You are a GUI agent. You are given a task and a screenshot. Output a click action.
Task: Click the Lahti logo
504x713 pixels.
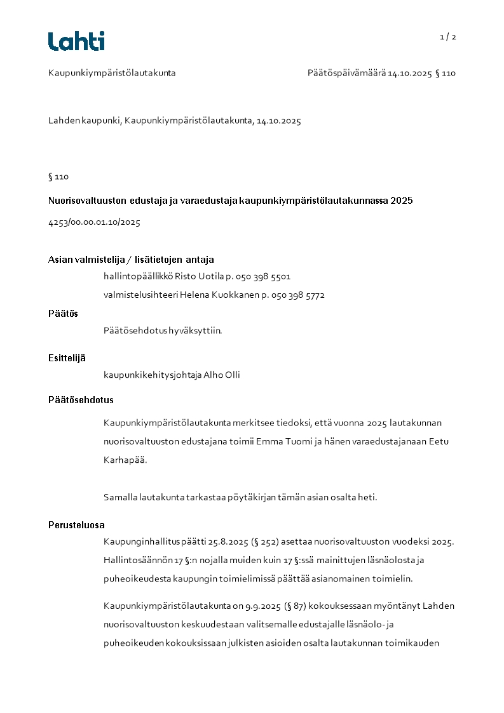(x=76, y=41)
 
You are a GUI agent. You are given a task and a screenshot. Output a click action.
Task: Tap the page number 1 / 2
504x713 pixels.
(x=448, y=37)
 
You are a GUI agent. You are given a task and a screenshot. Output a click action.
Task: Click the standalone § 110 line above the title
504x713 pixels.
(x=58, y=177)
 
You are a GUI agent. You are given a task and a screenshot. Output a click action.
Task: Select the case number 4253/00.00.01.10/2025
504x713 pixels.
(x=94, y=223)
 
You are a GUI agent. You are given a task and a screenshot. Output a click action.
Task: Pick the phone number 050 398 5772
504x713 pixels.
(x=298, y=295)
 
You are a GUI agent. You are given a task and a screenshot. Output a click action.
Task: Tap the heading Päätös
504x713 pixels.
(x=63, y=314)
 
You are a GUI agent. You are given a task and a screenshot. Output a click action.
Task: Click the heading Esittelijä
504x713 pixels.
(x=67, y=358)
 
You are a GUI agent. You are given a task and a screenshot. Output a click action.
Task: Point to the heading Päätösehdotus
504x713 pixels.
(x=81, y=400)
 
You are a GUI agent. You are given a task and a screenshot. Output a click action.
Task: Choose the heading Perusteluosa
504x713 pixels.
(x=76, y=525)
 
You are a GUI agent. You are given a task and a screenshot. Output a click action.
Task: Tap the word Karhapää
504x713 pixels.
(x=125, y=460)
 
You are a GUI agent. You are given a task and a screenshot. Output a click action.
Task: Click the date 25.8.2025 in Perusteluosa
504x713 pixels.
(x=228, y=542)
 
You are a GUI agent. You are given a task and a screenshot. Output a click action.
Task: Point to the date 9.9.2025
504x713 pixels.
(x=259, y=606)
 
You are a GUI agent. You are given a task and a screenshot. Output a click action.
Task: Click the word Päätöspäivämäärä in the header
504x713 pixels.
(x=346, y=73)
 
